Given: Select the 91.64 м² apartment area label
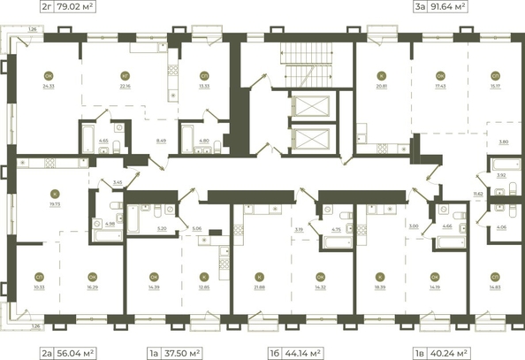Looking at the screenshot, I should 449,7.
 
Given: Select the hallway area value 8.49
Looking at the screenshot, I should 160,139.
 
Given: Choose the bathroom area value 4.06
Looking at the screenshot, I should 500,227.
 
